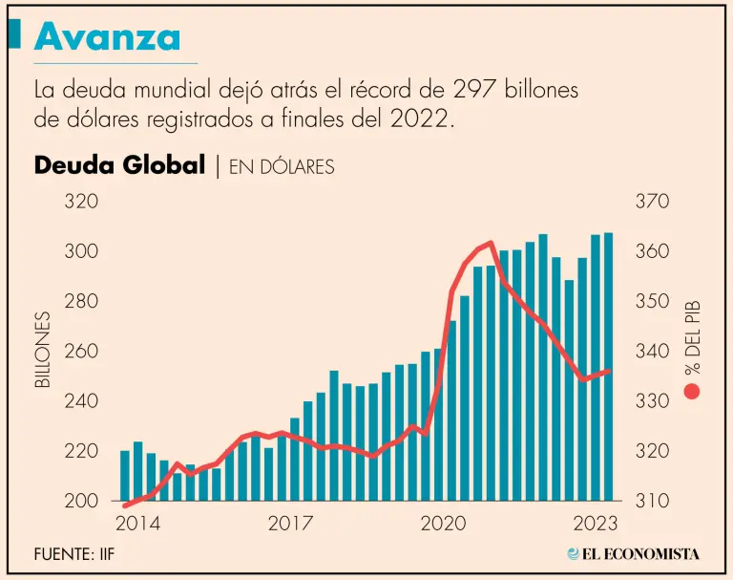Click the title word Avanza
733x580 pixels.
point(107,37)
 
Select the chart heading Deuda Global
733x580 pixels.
point(119,165)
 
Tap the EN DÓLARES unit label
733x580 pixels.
point(279,166)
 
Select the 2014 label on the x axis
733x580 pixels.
point(137,525)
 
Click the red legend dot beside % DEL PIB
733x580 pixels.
point(692,391)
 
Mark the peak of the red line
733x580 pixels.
point(490,243)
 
